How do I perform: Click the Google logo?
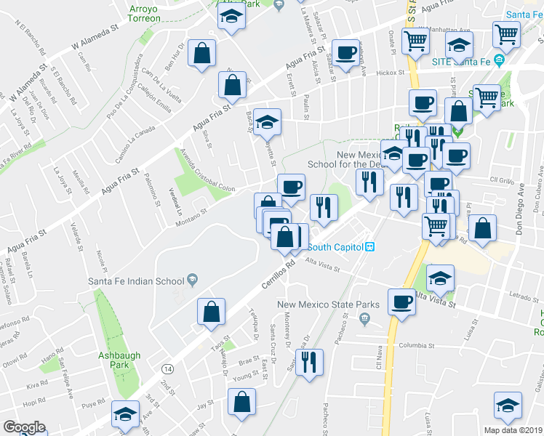23,427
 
